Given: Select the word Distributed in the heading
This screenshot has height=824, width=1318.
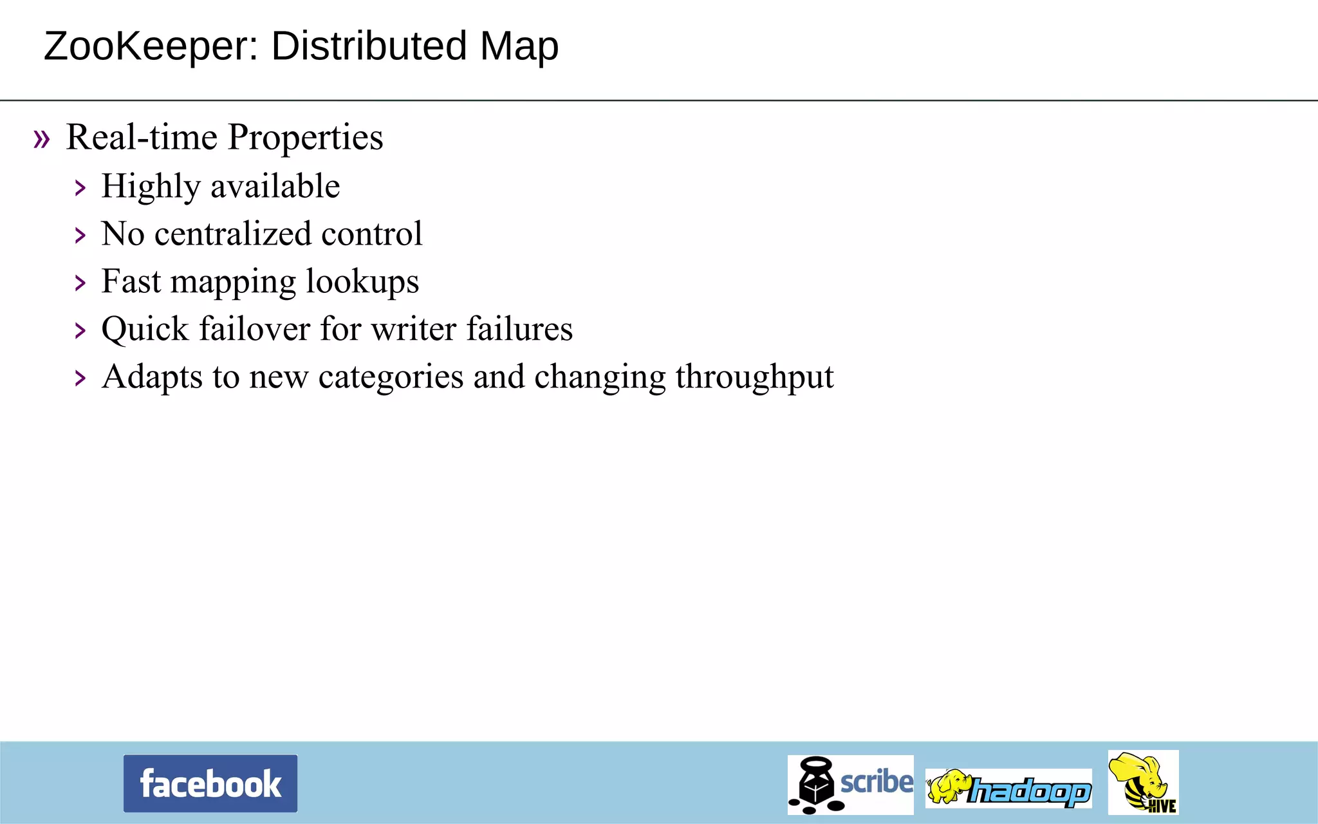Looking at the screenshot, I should pos(369,46).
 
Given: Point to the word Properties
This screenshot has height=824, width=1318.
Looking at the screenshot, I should pos(305,138).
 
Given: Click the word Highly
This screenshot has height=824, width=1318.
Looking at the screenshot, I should pos(151,187).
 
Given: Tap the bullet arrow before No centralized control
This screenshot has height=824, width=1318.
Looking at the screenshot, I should pos(80,236).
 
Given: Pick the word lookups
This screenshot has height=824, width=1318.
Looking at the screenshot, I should pos(362,282).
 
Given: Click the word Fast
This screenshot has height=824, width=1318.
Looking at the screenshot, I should pos(131,281).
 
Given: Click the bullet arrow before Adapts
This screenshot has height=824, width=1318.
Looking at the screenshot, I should pos(80,379).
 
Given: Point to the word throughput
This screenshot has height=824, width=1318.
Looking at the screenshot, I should pos(754,377).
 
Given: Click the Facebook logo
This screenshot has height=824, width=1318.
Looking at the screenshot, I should pos(210,783).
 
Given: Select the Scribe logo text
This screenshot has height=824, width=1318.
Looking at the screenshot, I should pos(877,782).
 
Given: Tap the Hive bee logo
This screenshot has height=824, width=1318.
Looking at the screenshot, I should pos(1143,782).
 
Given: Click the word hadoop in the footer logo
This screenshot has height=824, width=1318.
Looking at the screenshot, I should pos(1030,791).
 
